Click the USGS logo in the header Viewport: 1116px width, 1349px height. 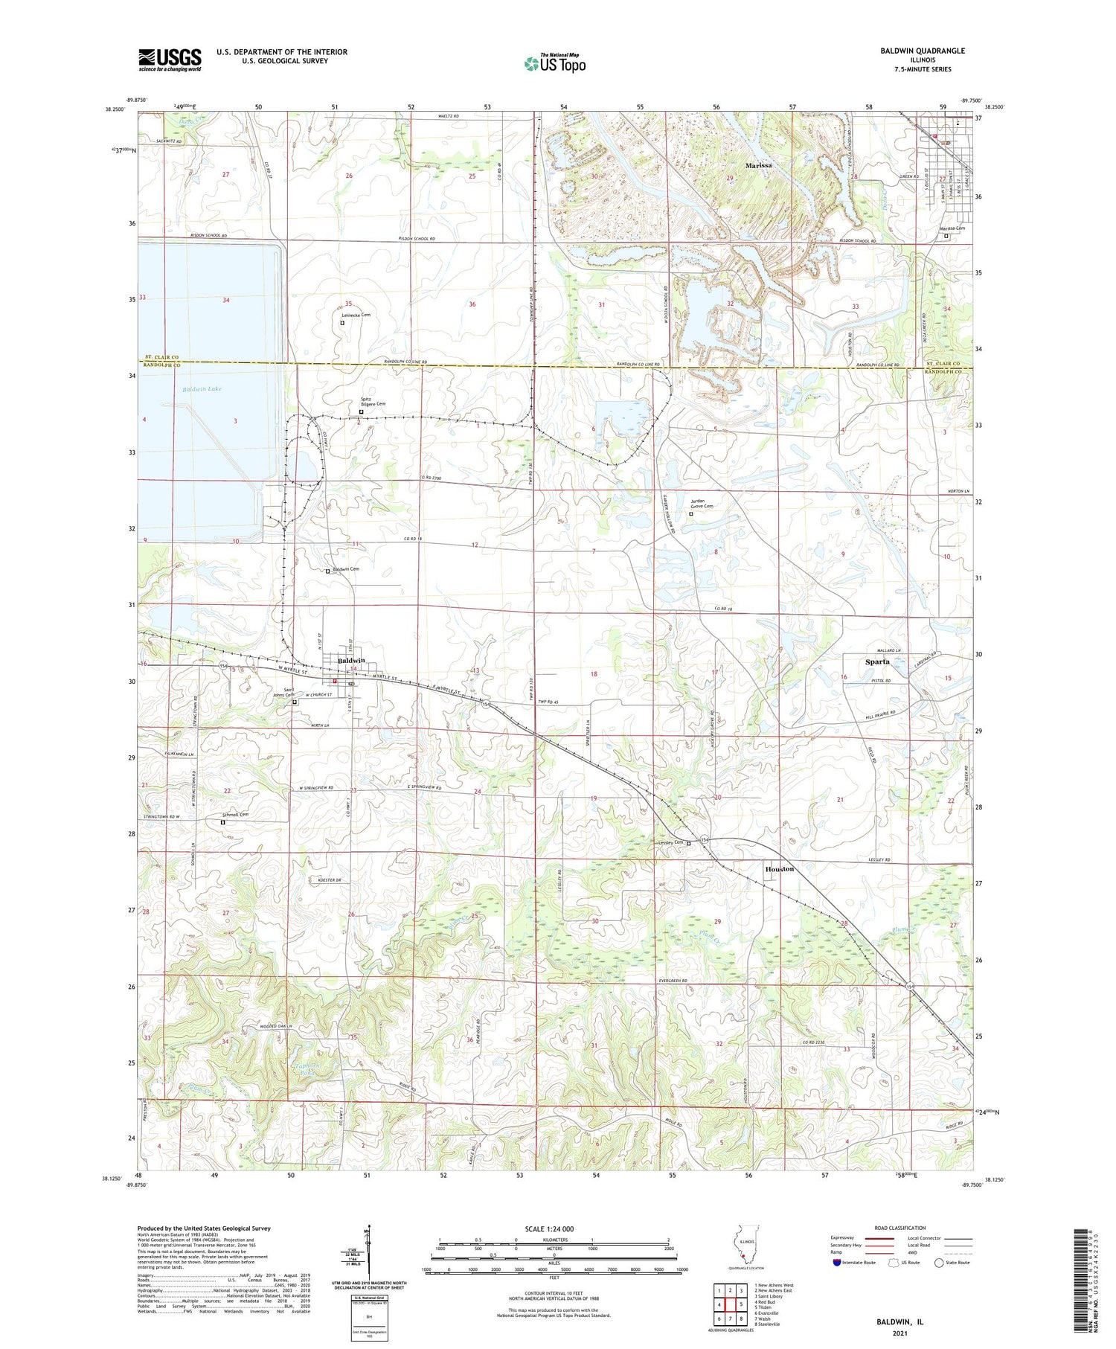[170, 60]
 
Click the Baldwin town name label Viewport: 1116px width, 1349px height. [351, 660]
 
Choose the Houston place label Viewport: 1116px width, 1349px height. [780, 868]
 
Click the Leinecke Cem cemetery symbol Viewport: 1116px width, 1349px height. [342, 323]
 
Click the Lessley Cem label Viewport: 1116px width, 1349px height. [670, 842]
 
